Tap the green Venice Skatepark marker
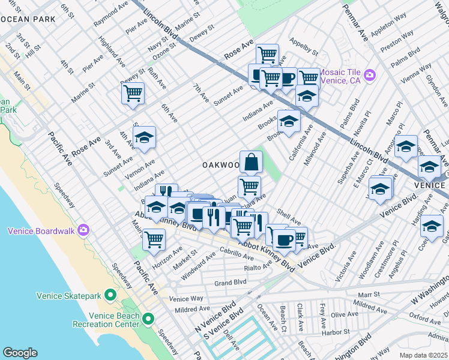point(110,295)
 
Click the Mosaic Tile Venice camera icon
point(370,74)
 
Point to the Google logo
point(20,352)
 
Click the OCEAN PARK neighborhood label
point(28,19)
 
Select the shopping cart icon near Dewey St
point(133,93)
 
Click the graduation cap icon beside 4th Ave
point(144,138)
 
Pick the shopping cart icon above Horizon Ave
point(154,239)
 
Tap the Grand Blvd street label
point(231,282)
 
